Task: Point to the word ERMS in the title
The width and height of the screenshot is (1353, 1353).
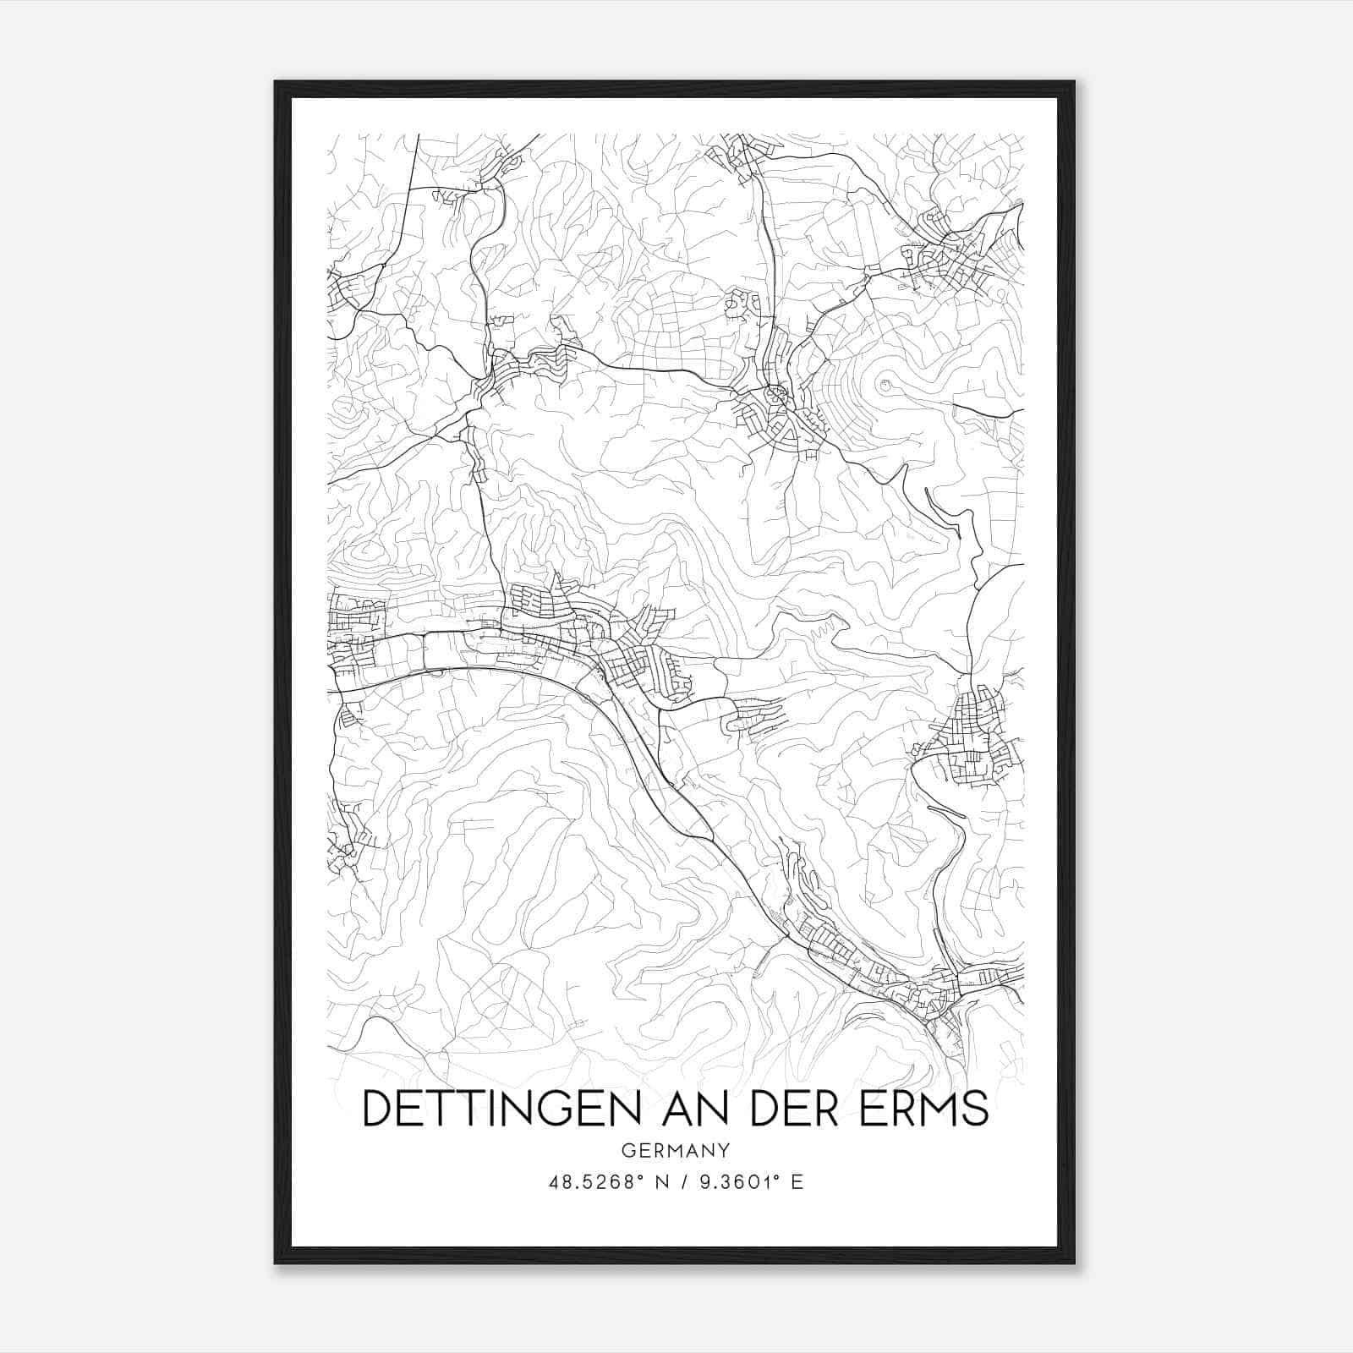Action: coord(924,1108)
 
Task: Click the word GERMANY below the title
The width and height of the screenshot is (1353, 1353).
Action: coord(675,1151)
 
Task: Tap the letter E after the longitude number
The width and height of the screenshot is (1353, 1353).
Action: coord(797,1182)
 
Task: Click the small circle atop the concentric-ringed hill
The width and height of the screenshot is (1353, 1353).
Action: coord(886,386)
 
